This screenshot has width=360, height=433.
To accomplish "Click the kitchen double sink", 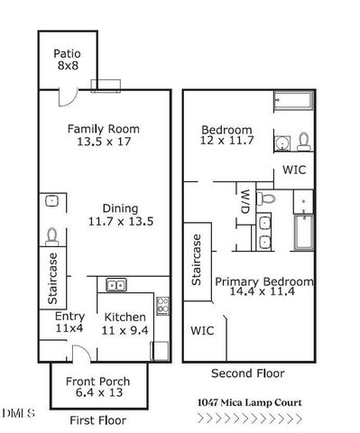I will click(x=116, y=286).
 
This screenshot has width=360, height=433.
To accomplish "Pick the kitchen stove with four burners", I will click(x=162, y=306).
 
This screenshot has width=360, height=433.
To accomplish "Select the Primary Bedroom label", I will click(x=263, y=287).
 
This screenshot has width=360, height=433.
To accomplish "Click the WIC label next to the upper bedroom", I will click(x=295, y=169).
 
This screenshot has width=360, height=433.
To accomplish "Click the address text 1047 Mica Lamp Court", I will click(x=249, y=401).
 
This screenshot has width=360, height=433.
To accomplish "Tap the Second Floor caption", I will click(x=247, y=373).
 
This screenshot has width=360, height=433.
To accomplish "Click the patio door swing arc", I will click(x=66, y=94).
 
